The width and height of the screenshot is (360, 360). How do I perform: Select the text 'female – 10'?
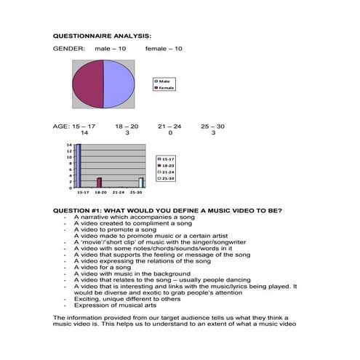[164, 48]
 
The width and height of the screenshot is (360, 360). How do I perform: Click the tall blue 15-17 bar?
[79, 167]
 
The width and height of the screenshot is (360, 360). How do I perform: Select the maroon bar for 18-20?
[100, 183]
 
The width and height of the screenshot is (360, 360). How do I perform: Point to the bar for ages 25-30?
[141, 183]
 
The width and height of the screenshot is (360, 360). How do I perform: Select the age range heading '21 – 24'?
[169, 127]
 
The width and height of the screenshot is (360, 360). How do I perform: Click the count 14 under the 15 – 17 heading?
[84, 133]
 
